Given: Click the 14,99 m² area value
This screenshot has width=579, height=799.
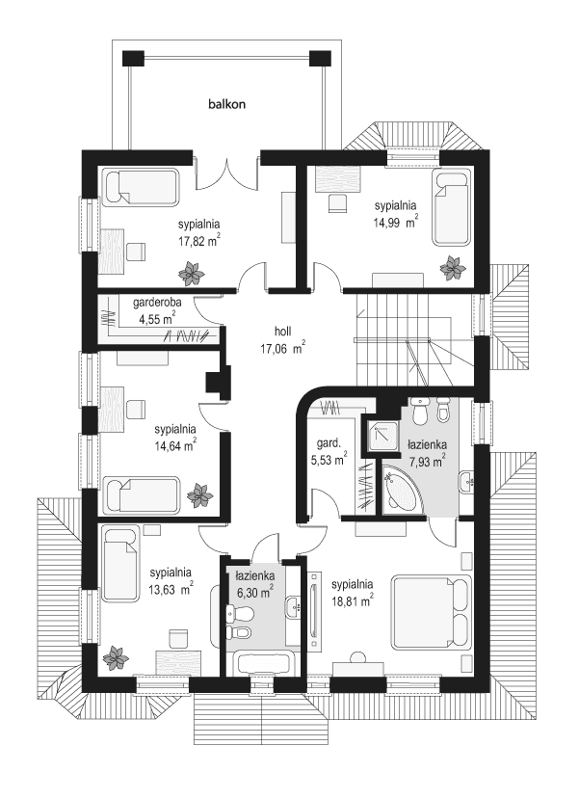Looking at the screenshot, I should (395, 221).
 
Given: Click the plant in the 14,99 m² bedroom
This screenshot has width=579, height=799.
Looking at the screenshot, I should (451, 267).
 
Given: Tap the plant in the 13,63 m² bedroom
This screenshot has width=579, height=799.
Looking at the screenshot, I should (116, 657).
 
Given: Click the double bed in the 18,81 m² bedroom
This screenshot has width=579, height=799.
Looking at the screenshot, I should (432, 613).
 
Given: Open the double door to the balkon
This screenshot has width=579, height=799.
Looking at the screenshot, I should (227, 171).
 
